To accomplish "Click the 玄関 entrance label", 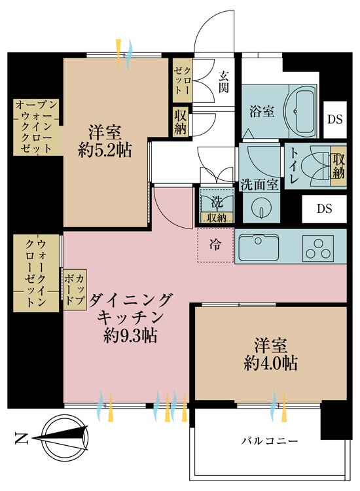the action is click(x=223, y=82).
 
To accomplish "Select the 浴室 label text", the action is click(x=262, y=112).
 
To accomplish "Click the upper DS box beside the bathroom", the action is click(x=335, y=119).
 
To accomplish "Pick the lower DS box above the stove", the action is click(x=324, y=209).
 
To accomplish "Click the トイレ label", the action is click(x=295, y=166).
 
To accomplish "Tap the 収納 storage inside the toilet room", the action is click(x=338, y=166).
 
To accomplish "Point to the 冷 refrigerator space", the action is click(x=216, y=245).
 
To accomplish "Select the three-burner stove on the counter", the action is click(x=317, y=247).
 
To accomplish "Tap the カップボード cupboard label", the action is click(x=75, y=289).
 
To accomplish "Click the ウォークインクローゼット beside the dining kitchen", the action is click(x=36, y=273).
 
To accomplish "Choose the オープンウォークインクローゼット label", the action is click(x=36, y=127).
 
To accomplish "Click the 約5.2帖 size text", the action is click(x=105, y=151).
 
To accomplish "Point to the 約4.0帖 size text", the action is click(x=270, y=363).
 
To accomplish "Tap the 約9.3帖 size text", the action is click(x=130, y=336).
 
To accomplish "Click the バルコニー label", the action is click(x=269, y=441).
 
